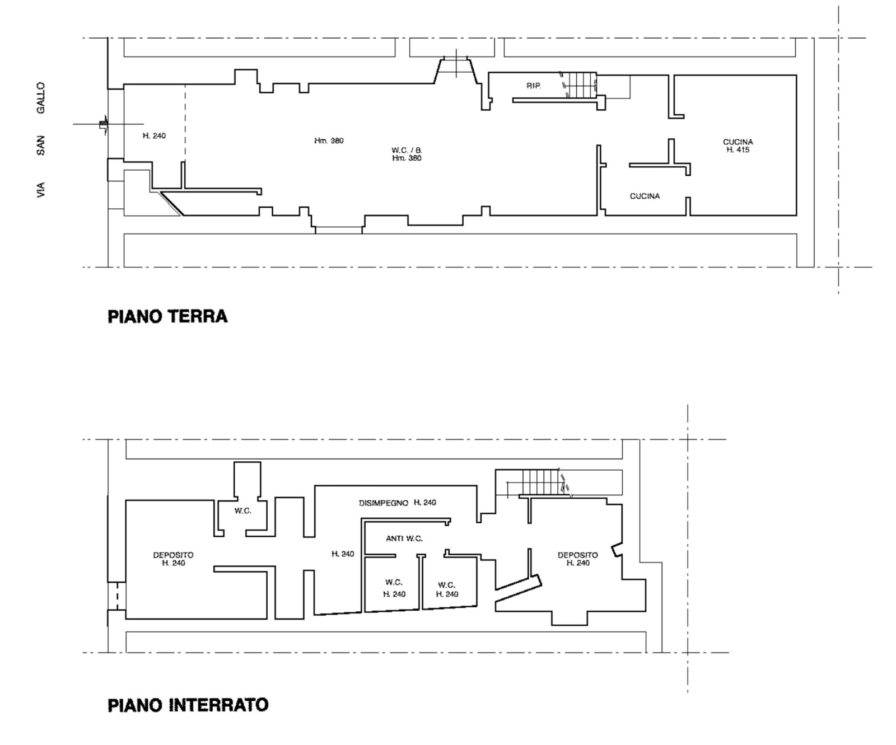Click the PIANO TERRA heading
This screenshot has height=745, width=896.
167,316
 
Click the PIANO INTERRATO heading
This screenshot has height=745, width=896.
188,704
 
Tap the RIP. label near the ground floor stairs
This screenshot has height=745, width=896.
534,86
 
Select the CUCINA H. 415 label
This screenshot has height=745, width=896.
738,146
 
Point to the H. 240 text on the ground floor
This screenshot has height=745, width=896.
154,136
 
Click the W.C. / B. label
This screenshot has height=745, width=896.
407,150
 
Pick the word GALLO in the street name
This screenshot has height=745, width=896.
41,98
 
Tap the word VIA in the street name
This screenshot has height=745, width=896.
41,190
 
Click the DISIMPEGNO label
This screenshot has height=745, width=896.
384,503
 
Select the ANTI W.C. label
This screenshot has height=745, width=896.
404,538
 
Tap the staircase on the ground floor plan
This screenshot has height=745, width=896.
580,86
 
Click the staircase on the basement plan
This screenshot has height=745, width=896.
543,482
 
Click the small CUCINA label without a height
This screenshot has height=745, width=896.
645,196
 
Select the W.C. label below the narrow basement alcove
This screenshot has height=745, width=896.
242,511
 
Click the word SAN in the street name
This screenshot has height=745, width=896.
41,145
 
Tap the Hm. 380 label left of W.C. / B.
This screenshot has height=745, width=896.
329,140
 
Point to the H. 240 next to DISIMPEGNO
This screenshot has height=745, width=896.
425,503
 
